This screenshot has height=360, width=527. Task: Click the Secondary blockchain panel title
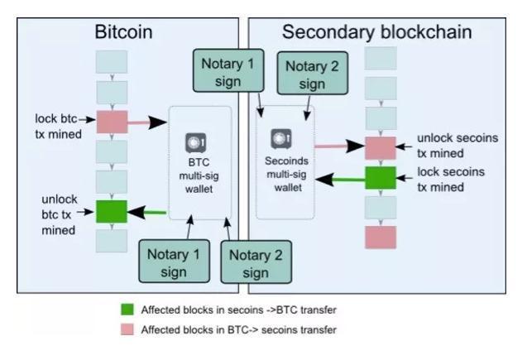click(376, 32)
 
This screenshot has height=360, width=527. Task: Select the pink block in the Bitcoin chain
click(111, 122)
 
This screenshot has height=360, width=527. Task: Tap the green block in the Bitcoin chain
click(111, 211)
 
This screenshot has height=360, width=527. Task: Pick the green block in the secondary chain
click(381, 177)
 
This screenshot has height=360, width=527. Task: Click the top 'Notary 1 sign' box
click(225, 69)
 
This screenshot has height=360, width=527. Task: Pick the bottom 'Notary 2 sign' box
click(256, 264)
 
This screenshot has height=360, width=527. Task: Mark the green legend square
click(127, 310)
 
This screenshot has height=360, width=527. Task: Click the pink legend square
click(127, 329)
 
